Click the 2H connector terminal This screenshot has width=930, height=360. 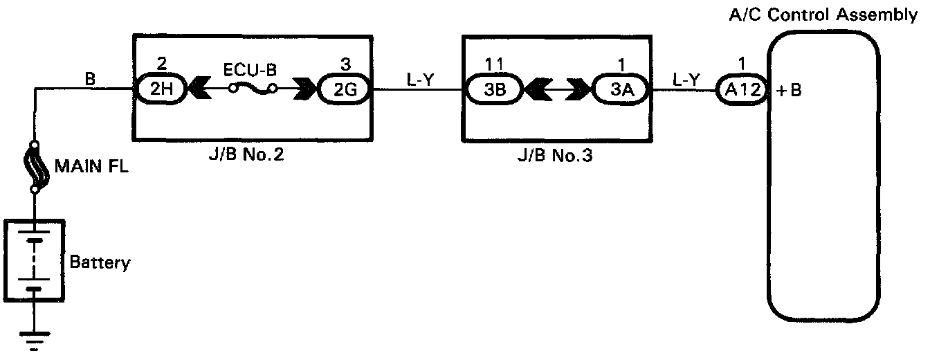161,89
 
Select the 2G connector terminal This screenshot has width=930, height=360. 345,89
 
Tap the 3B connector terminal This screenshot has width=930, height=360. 493,89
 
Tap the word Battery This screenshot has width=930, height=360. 100,263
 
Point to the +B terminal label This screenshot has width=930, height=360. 789,90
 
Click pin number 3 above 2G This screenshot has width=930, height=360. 345,64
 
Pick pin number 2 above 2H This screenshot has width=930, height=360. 161,64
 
